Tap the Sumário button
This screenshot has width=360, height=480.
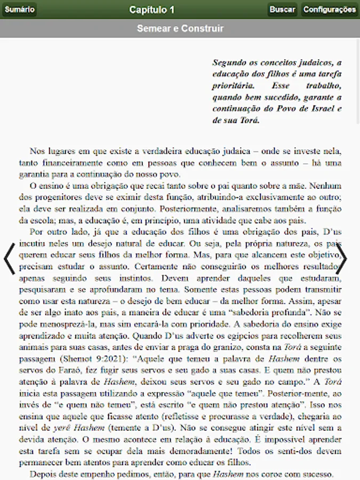click(x=19, y=9)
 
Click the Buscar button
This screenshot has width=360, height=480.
click(x=282, y=9)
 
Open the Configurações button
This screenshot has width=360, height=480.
click(x=330, y=9)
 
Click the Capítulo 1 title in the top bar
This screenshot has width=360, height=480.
click(x=151, y=10)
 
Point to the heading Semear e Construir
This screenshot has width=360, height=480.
click(x=180, y=28)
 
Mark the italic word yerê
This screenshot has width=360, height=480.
click(x=62, y=428)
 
